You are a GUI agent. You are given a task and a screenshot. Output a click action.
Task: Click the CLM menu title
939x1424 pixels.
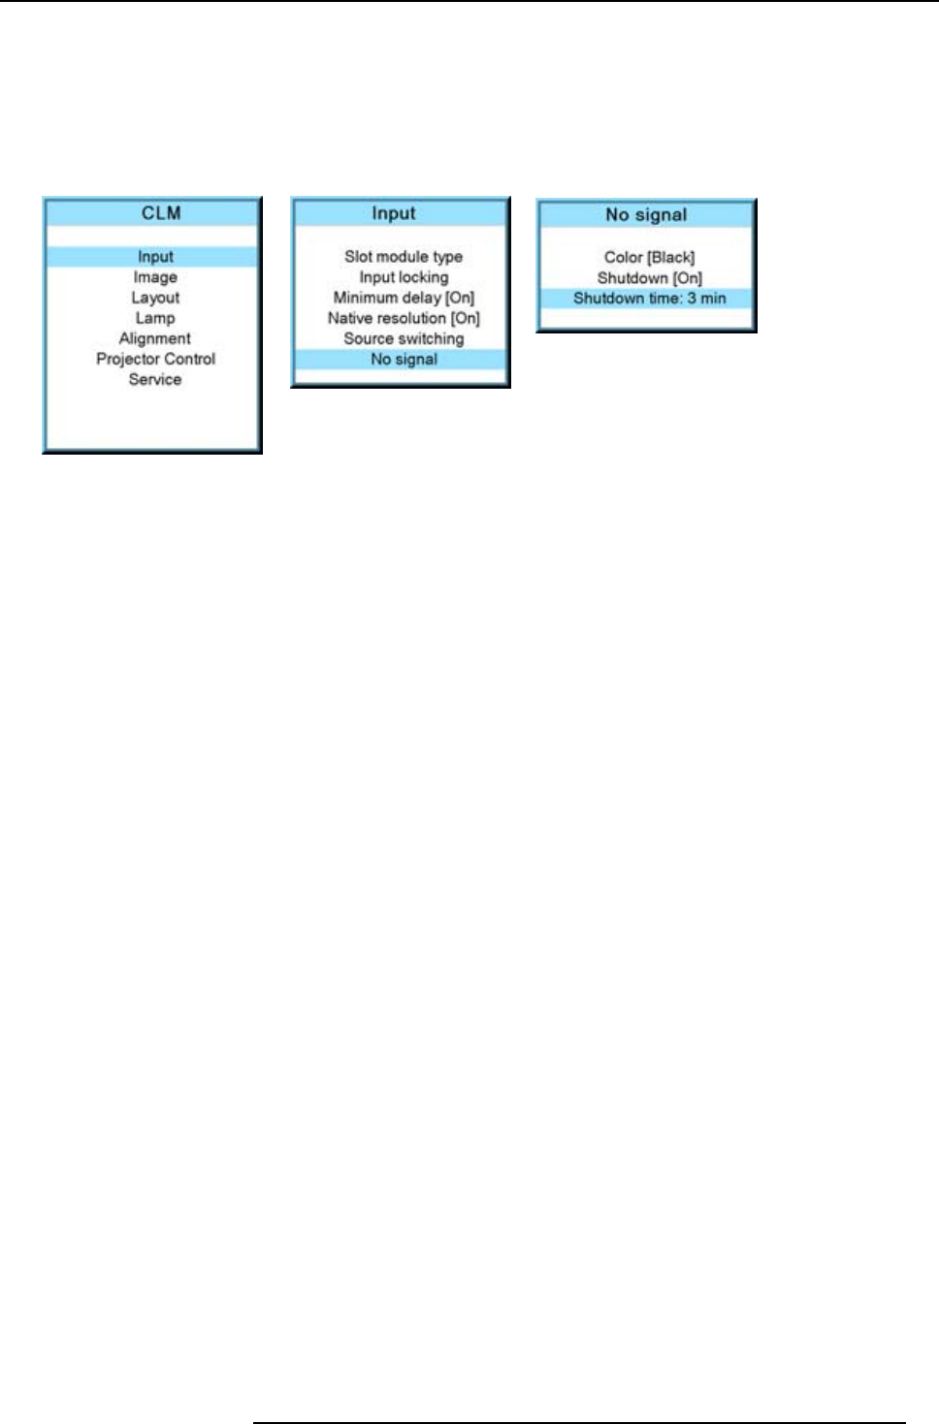pyautogui.click(x=161, y=213)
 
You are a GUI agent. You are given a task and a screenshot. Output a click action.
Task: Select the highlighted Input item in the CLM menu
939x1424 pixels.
pyautogui.click(x=155, y=257)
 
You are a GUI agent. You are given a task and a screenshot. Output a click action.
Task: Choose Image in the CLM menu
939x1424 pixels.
pyautogui.click(x=155, y=277)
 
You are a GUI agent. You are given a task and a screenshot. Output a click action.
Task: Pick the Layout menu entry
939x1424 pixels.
pyautogui.click(x=155, y=298)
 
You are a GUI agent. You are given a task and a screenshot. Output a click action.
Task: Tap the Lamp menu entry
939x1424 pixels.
pyautogui.click(x=155, y=318)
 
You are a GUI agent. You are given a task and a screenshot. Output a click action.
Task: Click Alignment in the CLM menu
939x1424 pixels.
pyautogui.click(x=155, y=338)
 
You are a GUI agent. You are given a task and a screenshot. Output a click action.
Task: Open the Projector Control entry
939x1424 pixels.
pyautogui.click(x=155, y=359)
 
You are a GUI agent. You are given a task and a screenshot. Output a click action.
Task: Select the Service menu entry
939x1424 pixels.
pyautogui.click(x=155, y=379)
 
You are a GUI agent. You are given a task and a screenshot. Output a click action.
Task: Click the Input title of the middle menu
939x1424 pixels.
pyautogui.click(x=394, y=213)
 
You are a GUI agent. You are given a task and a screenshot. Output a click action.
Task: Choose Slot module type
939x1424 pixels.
pyautogui.click(x=404, y=257)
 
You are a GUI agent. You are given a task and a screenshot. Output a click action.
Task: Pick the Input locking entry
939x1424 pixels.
pyautogui.click(x=404, y=277)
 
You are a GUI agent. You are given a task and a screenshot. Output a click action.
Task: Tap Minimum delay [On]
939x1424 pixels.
pyautogui.click(x=404, y=298)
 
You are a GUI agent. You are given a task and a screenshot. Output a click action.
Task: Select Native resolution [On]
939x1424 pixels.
pyautogui.click(x=404, y=318)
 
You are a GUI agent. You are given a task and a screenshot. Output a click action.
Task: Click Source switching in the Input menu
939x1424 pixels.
pyautogui.click(x=404, y=338)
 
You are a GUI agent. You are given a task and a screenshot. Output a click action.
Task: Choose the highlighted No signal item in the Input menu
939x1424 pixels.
pyautogui.click(x=404, y=359)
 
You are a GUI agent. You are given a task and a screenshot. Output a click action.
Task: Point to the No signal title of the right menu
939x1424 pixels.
pyautogui.click(x=646, y=215)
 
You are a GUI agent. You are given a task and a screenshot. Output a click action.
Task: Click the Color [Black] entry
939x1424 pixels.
pyautogui.click(x=649, y=258)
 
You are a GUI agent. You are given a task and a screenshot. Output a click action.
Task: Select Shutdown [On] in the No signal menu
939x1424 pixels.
pyautogui.click(x=649, y=278)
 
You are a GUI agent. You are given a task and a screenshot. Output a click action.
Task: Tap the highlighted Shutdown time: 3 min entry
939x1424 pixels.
pyautogui.click(x=649, y=299)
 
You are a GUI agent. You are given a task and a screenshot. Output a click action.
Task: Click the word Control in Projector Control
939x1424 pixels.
pyautogui.click(x=188, y=359)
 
